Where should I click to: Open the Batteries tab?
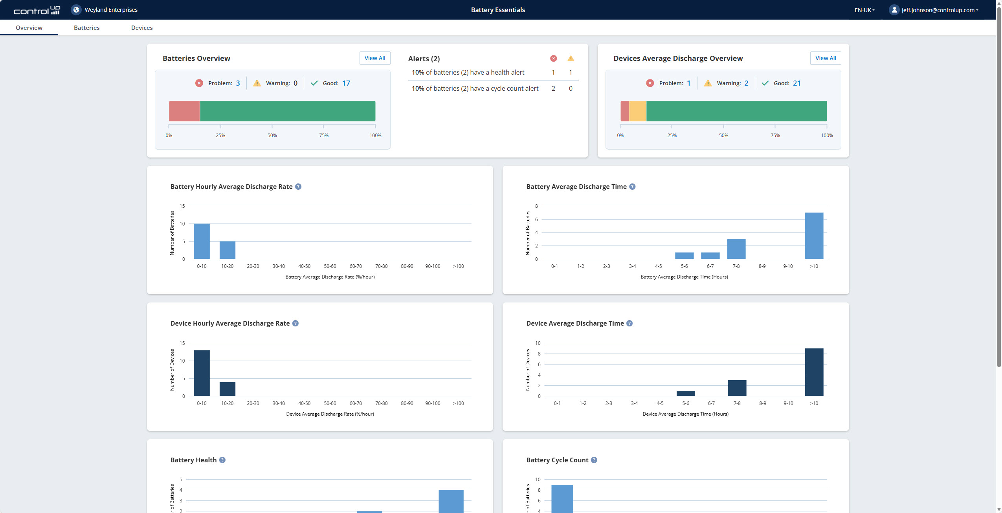tap(86, 27)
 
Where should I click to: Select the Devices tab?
tap(142, 27)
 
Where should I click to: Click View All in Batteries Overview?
tap(374, 58)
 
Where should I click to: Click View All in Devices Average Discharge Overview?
tap(825, 58)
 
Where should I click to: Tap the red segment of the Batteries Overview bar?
tap(184, 111)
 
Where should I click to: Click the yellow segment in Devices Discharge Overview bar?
tap(637, 111)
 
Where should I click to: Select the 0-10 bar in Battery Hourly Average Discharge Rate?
tap(202, 241)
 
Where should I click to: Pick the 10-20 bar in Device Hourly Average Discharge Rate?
tap(227, 389)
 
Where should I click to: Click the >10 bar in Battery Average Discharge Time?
tap(814, 236)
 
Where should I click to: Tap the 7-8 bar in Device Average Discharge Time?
tap(737, 388)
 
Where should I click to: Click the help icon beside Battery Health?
tap(222, 460)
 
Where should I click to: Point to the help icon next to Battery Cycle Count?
tap(594, 460)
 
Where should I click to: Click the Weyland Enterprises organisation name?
tap(111, 10)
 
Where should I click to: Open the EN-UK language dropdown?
tap(864, 10)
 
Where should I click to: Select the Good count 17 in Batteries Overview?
tap(346, 83)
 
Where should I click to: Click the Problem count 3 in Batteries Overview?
tap(238, 83)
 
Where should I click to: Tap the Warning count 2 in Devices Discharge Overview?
tap(746, 83)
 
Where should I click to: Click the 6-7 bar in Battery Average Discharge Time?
tap(710, 256)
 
